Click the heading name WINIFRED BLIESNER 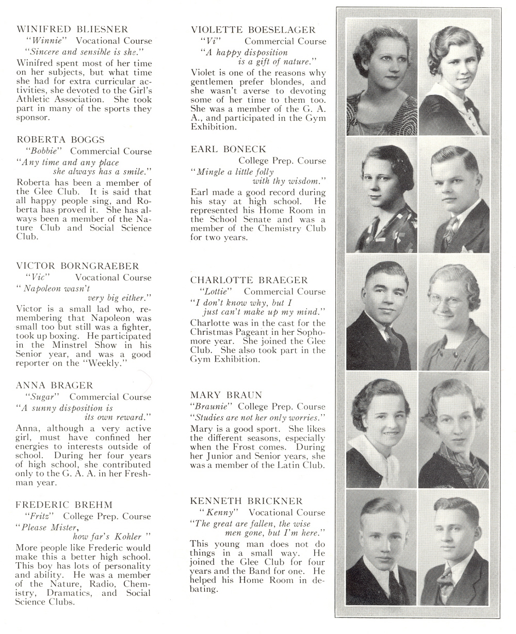point(72,29)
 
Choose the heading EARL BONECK point(228,149)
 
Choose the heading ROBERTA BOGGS point(60,139)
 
